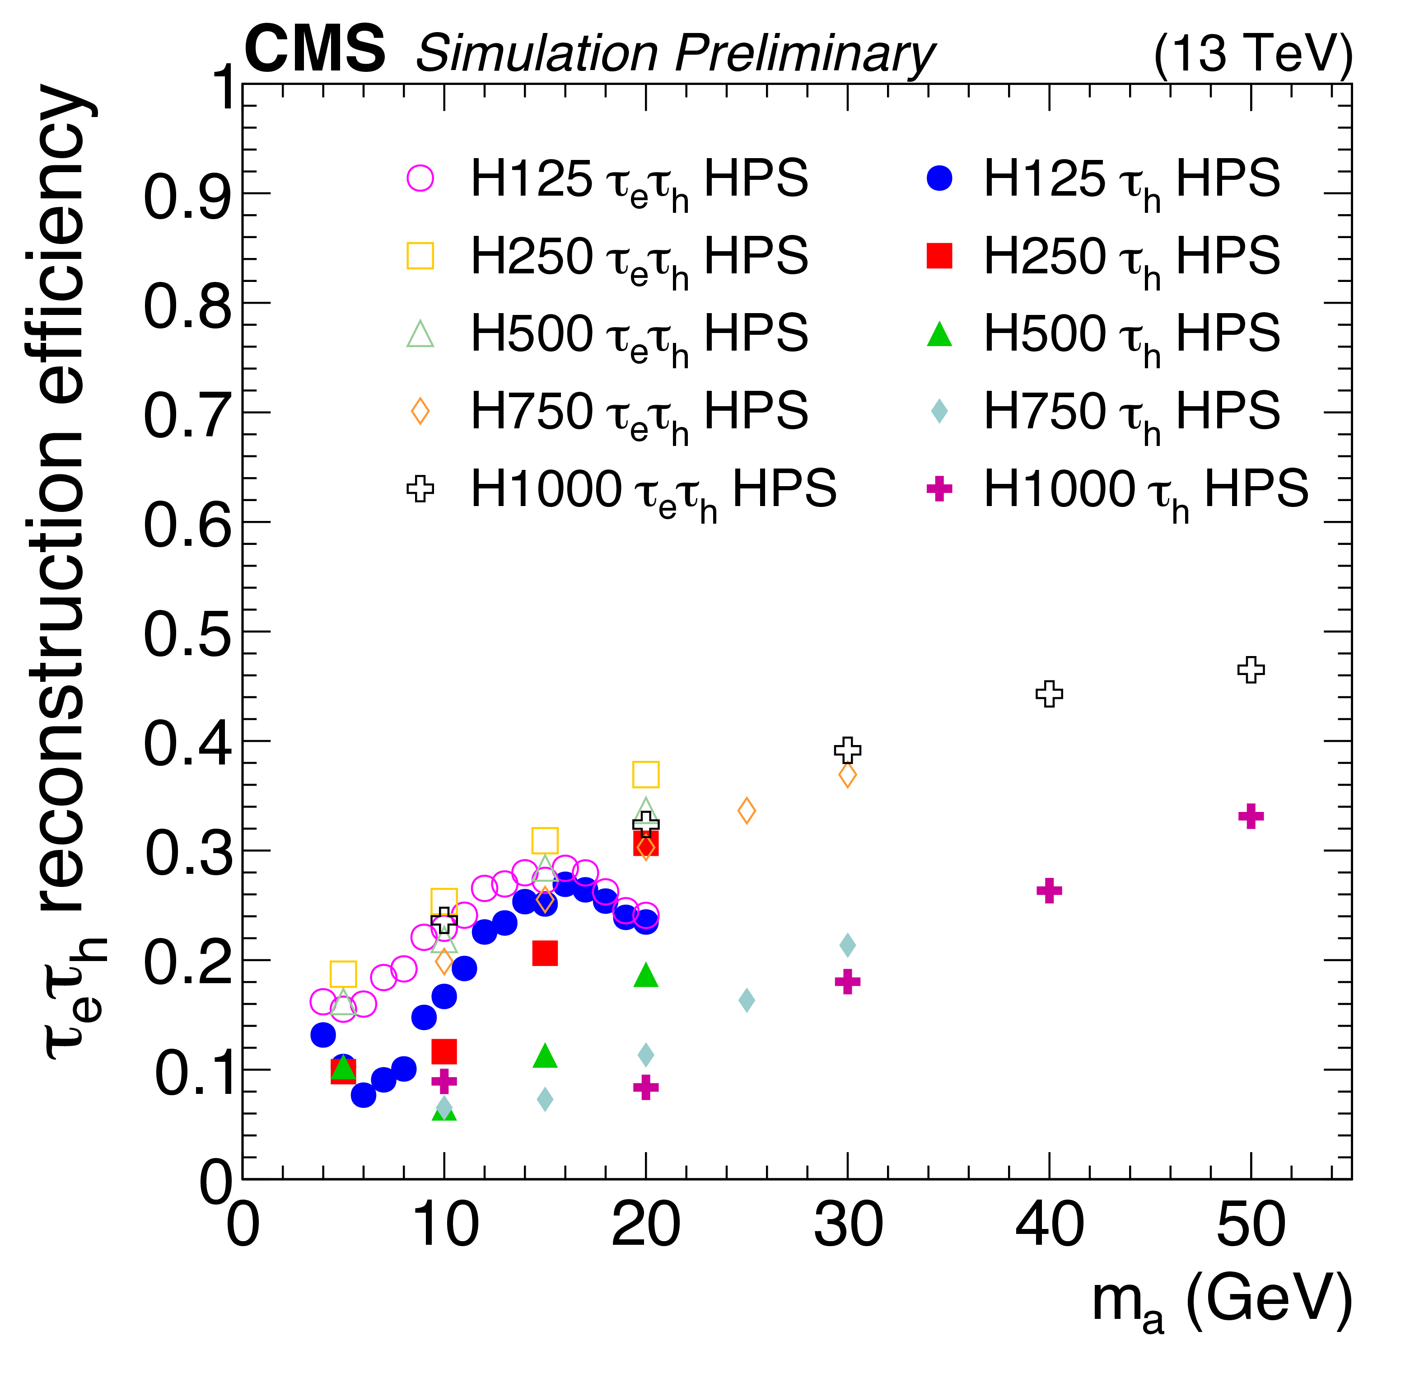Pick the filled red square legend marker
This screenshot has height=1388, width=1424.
tap(939, 256)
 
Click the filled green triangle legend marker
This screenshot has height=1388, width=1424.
tap(939, 335)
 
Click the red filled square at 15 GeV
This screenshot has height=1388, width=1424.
tap(545, 953)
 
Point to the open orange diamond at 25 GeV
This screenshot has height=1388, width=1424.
tap(746, 811)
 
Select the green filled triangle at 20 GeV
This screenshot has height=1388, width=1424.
tap(646, 976)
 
